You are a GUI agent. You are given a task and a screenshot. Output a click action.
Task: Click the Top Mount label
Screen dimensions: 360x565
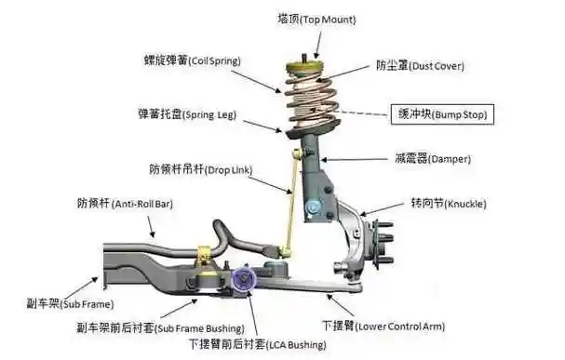pyautogui.click(x=316, y=19)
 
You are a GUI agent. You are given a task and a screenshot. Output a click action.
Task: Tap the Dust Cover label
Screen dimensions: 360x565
pyautogui.click(x=419, y=66)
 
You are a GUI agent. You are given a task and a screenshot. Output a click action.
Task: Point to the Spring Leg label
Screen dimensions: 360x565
pyautogui.click(x=187, y=115)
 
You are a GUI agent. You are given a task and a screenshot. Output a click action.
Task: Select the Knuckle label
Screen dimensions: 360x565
pyautogui.click(x=448, y=203)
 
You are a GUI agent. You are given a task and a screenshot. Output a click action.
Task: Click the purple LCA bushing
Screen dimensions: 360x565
pyautogui.click(x=248, y=278)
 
